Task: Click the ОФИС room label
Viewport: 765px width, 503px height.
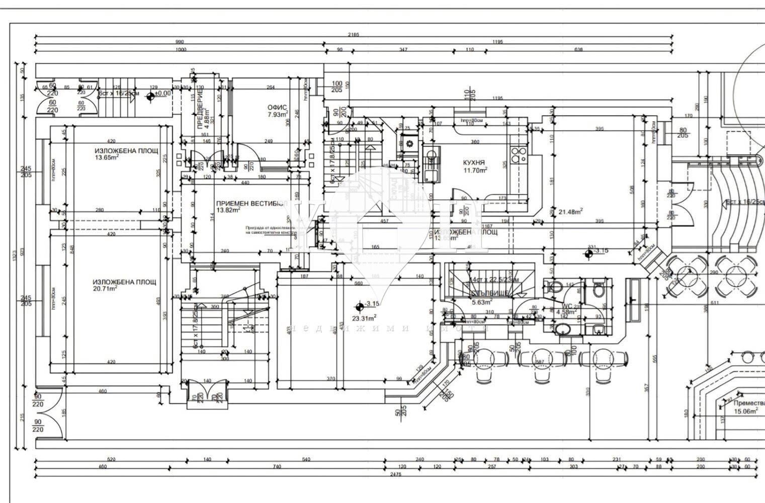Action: [x=277, y=107]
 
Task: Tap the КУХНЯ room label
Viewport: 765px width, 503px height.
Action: [x=474, y=162]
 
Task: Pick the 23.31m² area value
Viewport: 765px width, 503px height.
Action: [x=365, y=317]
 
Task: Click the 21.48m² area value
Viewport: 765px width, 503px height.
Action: [x=571, y=211]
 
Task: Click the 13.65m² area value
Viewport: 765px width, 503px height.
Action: [x=107, y=157]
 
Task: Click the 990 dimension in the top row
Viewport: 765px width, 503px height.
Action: [x=180, y=42]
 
